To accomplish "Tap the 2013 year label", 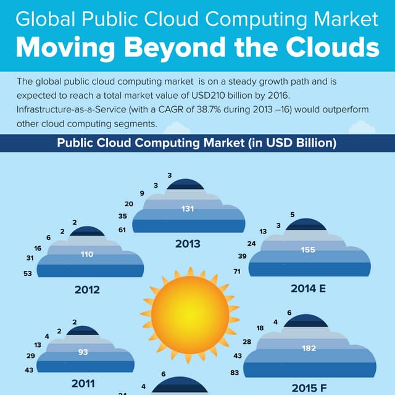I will pos(188,244).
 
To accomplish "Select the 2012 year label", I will pos(87,289).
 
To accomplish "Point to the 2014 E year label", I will pos(308,288).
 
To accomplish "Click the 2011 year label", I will pos(83,383).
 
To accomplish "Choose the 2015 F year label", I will pos(308,388).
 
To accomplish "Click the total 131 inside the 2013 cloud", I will pos(188,209).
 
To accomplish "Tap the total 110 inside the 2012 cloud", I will pos(87,254).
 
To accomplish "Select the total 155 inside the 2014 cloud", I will pos(308,250).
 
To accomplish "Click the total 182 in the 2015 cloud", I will pos(309,349).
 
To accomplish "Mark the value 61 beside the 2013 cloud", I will pos(122,230).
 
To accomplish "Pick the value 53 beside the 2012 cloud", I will pos(28,273).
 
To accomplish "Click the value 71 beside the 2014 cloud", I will pos(236,272).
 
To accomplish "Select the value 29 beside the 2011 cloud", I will pos(30,357).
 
